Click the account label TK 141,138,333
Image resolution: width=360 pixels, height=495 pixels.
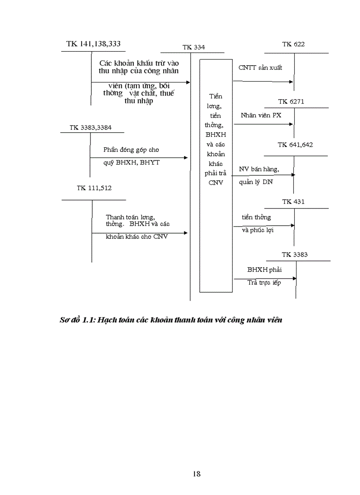click(93, 44)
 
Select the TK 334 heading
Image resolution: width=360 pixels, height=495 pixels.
click(193, 47)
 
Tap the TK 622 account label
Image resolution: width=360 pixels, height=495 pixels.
click(293, 44)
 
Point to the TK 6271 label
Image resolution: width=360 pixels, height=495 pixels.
click(291, 101)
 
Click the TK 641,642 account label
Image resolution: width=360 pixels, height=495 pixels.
click(295, 145)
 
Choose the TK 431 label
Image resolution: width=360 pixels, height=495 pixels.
click(293, 201)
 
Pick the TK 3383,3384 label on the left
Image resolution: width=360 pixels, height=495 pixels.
click(90, 127)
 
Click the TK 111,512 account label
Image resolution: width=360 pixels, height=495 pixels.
click(94, 188)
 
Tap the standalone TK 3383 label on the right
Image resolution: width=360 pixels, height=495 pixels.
click(294, 254)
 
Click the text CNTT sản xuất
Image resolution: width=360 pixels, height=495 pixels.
click(260, 68)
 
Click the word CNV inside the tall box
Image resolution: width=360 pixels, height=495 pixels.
click(216, 182)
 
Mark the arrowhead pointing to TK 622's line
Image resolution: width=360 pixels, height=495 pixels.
click(291, 82)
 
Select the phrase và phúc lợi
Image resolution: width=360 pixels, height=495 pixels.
click(257, 230)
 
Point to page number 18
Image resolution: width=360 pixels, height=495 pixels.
click(197, 474)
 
